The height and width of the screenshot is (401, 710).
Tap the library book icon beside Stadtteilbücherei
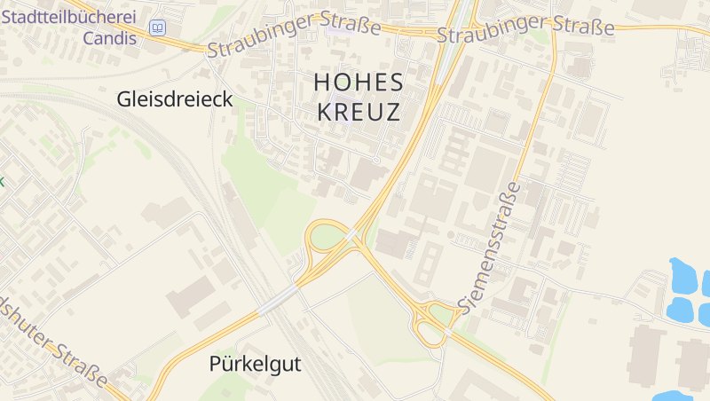[157, 28]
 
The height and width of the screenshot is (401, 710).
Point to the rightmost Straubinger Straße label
[526, 30]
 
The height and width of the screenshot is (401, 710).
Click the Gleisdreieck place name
[174, 100]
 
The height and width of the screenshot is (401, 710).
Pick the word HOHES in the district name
[359, 83]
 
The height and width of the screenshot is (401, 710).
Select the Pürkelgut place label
[256, 364]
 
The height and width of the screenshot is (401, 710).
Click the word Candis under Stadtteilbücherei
[110, 38]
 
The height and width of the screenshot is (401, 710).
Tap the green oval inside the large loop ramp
[327, 237]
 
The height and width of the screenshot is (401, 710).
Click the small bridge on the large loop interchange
[352, 234]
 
